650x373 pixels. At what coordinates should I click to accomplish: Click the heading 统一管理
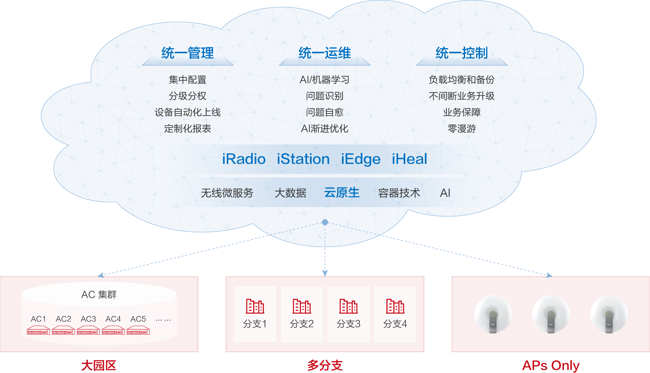(188, 53)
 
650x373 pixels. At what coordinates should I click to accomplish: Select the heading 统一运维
(325, 53)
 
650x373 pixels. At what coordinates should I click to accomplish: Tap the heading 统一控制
(461, 53)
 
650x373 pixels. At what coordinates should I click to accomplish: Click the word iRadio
(244, 159)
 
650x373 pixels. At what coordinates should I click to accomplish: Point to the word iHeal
(409, 159)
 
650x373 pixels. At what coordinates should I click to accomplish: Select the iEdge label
(360, 159)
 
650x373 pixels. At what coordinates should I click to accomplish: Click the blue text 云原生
(342, 193)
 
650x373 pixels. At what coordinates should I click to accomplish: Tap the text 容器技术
(399, 193)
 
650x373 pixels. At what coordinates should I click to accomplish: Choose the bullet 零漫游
(461, 129)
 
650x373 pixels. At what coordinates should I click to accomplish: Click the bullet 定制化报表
(188, 129)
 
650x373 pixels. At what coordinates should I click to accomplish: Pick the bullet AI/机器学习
(324, 80)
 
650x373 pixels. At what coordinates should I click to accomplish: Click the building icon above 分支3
(348, 306)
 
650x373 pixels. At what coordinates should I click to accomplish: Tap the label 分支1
(255, 324)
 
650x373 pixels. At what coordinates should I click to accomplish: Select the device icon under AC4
(113, 331)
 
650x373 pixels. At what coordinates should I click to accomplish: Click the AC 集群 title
(99, 294)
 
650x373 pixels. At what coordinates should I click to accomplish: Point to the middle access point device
(551, 314)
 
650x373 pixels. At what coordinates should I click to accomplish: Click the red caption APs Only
(551, 366)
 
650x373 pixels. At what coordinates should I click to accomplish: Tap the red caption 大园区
(99, 366)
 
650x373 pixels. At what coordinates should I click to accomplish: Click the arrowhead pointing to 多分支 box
(325, 273)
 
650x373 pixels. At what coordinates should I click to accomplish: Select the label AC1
(38, 319)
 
